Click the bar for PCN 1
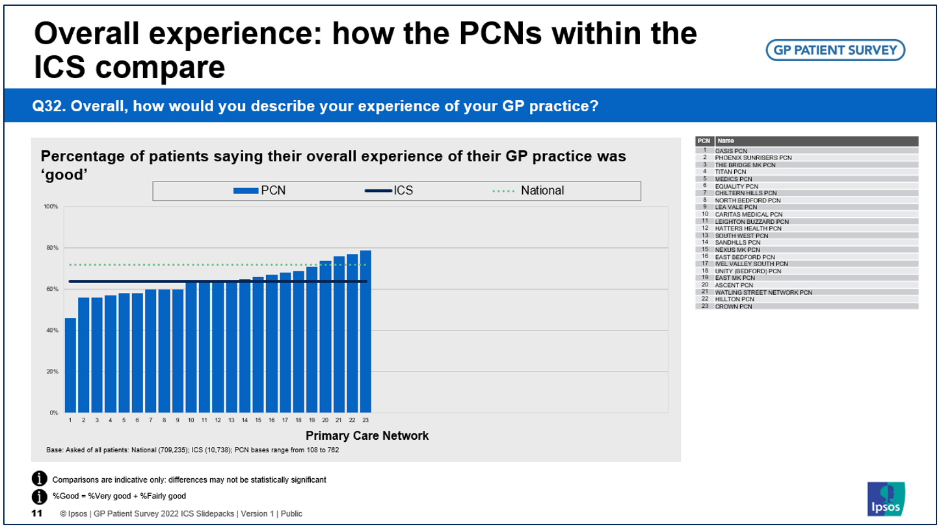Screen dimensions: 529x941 70,365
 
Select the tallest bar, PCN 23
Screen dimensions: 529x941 365,331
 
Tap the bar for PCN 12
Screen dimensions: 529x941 218,347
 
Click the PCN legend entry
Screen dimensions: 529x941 259,191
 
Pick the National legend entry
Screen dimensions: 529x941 528,191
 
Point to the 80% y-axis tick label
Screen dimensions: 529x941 51,248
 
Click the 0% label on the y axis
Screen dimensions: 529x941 53,413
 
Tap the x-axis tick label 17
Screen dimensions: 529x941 285,420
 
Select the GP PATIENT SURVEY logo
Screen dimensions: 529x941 835,50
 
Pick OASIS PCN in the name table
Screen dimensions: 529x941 730,150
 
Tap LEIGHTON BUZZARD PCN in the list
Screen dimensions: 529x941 751,221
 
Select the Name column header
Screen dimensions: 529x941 726,141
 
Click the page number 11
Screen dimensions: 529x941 37,514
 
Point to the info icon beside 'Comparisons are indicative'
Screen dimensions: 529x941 40,480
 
